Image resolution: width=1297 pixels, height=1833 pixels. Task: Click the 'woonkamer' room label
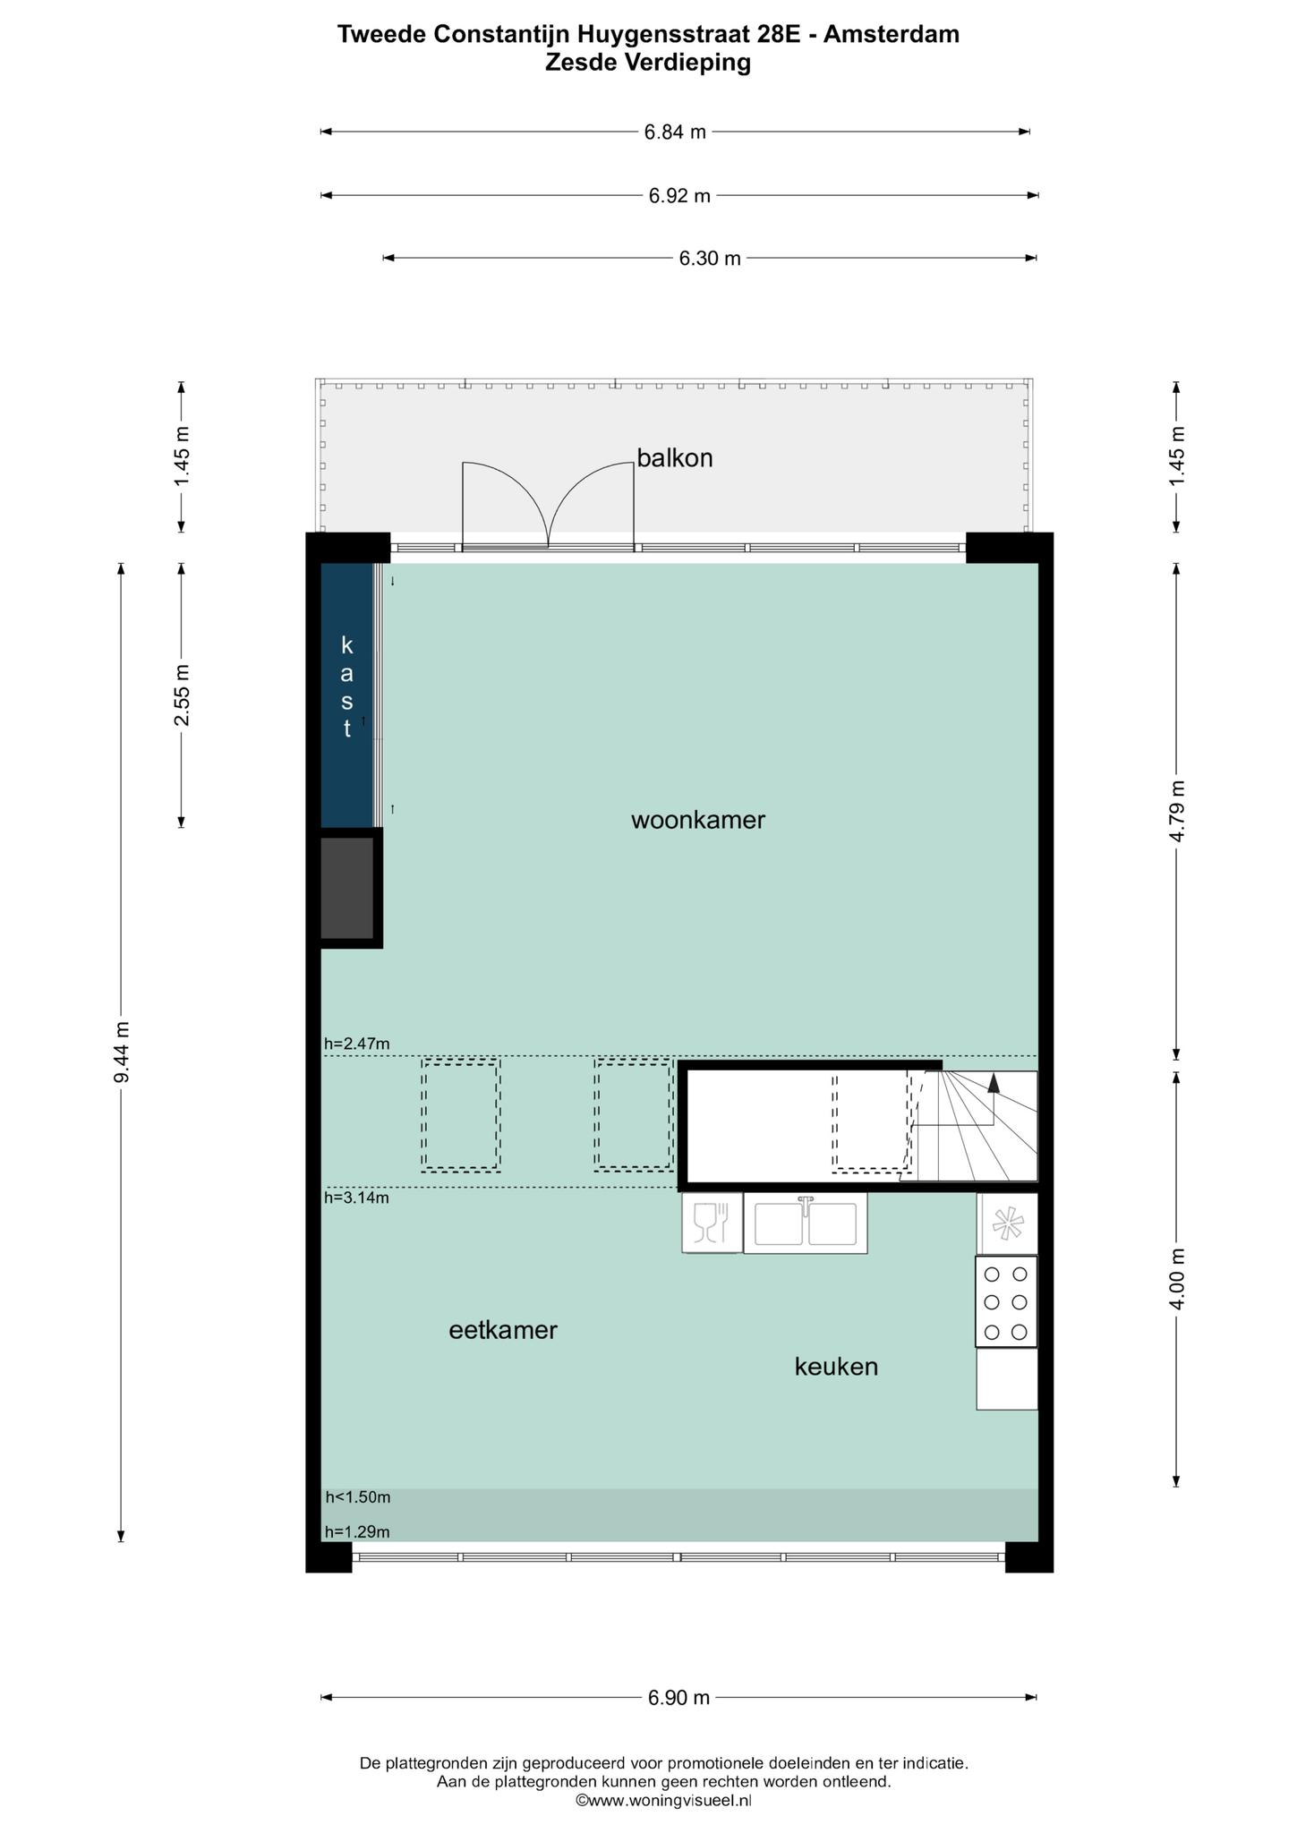698,821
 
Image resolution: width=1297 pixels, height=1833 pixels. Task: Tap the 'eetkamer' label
503,1331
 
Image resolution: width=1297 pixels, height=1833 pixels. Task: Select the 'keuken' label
836,1367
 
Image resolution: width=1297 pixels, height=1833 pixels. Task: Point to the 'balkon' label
675,458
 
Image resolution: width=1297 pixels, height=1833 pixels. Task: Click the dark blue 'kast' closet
346,695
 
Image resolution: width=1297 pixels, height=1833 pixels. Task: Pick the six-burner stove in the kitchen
1006,1301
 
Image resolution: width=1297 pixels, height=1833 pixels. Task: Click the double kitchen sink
806,1223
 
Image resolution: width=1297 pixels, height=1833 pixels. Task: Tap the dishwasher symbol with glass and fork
712,1223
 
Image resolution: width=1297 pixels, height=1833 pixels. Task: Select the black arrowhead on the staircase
993,1084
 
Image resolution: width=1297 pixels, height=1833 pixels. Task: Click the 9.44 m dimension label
123,1053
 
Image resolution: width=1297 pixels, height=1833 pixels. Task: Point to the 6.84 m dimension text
676,132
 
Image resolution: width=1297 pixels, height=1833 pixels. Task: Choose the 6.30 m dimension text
710,259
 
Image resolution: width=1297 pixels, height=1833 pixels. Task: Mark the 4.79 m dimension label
1177,811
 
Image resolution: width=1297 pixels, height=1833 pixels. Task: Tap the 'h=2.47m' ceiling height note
357,1044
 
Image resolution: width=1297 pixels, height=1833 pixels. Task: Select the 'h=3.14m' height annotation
357,1198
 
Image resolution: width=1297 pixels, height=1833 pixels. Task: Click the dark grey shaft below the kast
347,888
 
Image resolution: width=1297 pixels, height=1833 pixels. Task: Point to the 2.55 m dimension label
182,695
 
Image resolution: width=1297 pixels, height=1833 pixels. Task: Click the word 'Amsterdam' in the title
892,34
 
